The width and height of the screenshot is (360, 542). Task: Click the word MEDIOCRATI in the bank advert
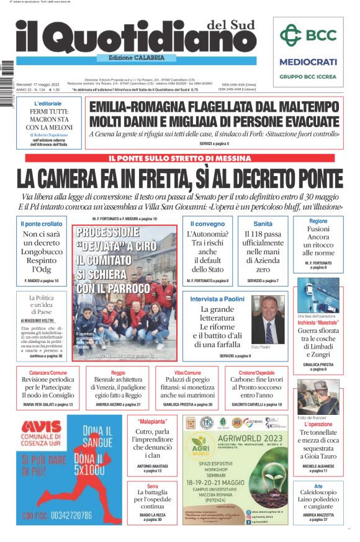308,62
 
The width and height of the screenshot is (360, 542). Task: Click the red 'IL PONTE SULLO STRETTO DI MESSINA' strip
179,159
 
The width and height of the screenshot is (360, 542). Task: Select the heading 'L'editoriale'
48,103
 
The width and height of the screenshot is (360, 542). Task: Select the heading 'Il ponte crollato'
42,223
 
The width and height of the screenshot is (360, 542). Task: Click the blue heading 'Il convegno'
207,223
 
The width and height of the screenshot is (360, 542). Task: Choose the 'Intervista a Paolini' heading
216,299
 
